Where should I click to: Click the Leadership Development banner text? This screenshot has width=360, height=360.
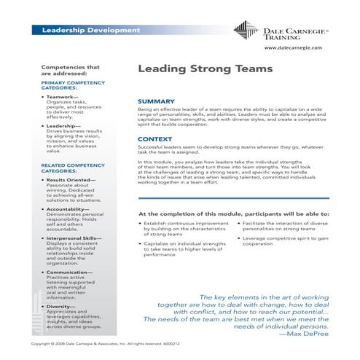pyautogui.click(x=90, y=31)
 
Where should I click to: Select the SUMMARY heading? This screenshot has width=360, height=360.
pyautogui.click(x=156, y=101)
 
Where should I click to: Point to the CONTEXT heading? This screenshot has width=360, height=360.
pyautogui.click(x=154, y=138)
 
